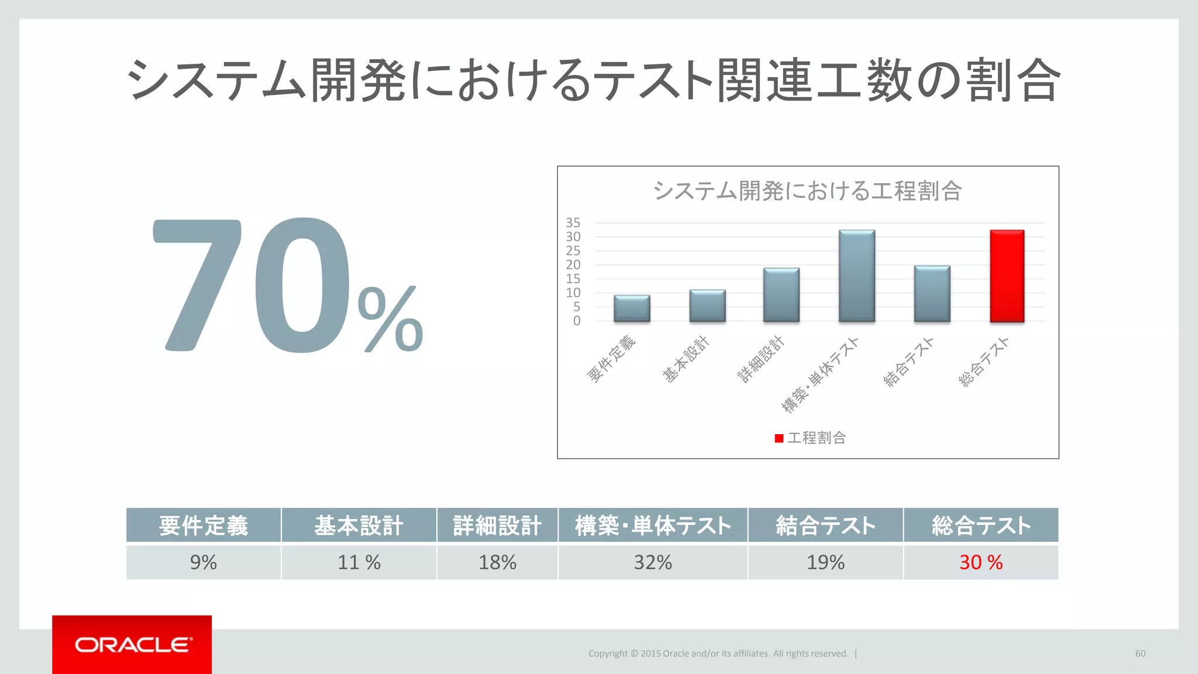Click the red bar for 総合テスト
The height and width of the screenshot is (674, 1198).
click(x=1007, y=276)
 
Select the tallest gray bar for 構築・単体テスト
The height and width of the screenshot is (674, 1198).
click(x=857, y=276)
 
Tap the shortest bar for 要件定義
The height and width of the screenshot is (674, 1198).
click(x=632, y=308)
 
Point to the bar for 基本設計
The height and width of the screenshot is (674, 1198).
click(x=707, y=305)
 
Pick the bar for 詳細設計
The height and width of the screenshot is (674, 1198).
click(x=782, y=295)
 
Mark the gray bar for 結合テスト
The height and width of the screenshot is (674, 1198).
click(x=932, y=294)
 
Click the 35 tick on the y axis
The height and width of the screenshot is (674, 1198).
click(x=573, y=223)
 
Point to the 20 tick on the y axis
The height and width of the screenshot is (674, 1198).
click(x=573, y=264)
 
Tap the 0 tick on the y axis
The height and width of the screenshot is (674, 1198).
click(x=577, y=321)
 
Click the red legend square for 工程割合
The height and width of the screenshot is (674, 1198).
click(x=779, y=438)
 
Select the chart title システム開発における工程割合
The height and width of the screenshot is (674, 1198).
click(x=807, y=191)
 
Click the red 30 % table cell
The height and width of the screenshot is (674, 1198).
click(x=980, y=562)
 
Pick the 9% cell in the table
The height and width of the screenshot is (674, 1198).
click(x=203, y=562)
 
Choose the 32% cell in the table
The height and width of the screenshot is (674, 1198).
click(x=653, y=562)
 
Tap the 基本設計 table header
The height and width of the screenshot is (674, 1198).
click(x=359, y=525)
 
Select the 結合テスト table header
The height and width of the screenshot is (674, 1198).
click(x=825, y=525)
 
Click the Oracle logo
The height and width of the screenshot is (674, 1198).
click(x=132, y=645)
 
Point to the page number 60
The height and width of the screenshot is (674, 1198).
click(x=1140, y=654)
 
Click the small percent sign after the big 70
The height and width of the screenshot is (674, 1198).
click(x=390, y=319)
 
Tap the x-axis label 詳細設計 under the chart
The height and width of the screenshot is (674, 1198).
click(x=760, y=359)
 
